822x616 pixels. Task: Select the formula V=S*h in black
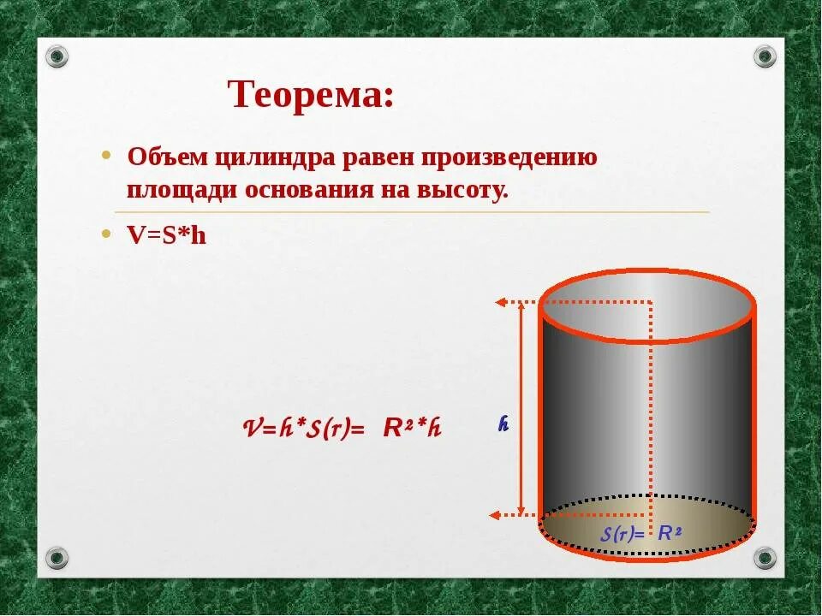point(167,235)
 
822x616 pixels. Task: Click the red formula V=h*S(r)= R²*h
point(342,428)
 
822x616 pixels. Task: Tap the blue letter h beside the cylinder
point(504,423)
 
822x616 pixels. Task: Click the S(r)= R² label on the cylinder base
point(640,534)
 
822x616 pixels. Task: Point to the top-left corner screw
point(57,56)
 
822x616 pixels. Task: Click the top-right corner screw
point(765,56)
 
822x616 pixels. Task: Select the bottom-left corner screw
point(57,558)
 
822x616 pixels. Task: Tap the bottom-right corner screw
point(765,558)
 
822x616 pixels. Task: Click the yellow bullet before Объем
point(106,157)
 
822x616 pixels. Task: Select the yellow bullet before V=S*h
point(106,233)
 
